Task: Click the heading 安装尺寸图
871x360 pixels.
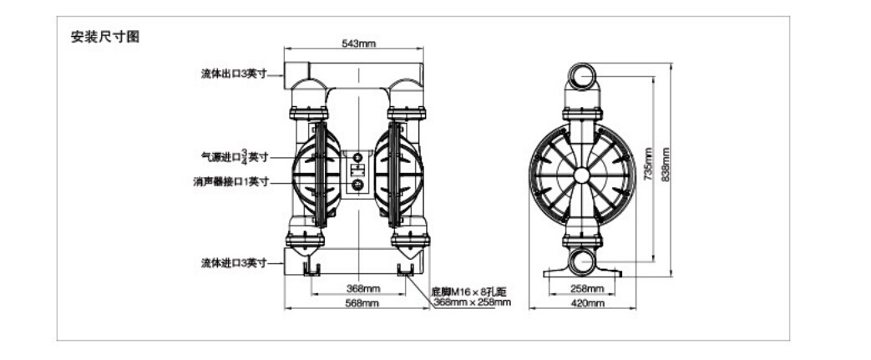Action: pyautogui.click(x=105, y=38)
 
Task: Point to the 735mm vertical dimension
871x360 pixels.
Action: pyautogui.click(x=648, y=164)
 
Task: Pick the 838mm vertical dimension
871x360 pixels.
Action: pyautogui.click(x=666, y=164)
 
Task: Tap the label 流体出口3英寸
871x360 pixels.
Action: pyautogui.click(x=234, y=74)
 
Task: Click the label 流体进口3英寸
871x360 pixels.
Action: pyautogui.click(x=234, y=263)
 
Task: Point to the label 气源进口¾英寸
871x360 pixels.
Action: pyautogui.click(x=234, y=157)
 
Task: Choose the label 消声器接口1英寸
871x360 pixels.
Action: pyautogui.click(x=231, y=181)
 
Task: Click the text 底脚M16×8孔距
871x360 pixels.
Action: pyautogui.click(x=469, y=292)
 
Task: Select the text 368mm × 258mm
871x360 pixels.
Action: pyautogui.click(x=472, y=302)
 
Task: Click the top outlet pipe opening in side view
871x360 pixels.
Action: pyautogui.click(x=582, y=75)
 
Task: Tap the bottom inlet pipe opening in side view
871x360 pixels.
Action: pyautogui.click(x=582, y=261)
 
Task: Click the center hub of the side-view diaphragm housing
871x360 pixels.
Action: pyautogui.click(x=581, y=175)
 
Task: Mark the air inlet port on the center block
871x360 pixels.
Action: pyautogui.click(x=358, y=157)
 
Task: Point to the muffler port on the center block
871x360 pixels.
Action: pyautogui.click(x=358, y=185)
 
